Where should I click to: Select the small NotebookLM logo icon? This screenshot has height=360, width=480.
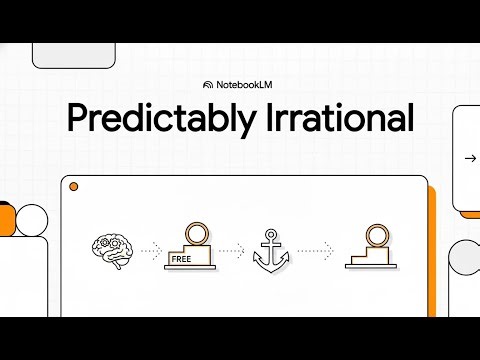[207, 85]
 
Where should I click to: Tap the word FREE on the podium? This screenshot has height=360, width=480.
[181, 258]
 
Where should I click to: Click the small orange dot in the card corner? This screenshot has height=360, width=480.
[73, 187]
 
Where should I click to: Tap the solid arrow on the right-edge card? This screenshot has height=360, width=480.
[469, 158]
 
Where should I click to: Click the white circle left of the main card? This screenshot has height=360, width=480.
[33, 219]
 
